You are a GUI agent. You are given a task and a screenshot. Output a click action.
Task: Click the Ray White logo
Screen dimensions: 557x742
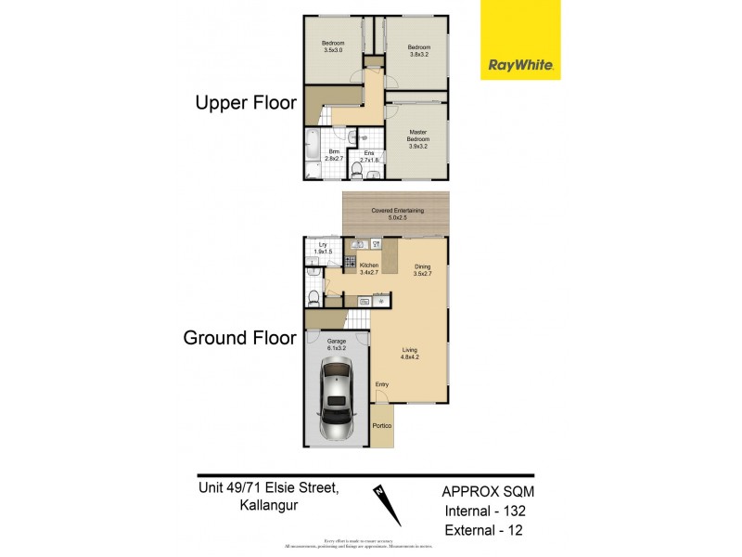520,40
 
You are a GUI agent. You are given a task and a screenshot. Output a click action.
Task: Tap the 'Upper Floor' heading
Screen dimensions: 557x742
245,103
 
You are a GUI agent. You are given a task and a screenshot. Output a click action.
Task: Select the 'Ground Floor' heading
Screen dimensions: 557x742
239,337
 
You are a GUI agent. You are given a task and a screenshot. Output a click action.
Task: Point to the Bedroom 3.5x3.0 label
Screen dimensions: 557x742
332,47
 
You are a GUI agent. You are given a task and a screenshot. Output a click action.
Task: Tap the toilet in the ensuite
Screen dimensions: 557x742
369,171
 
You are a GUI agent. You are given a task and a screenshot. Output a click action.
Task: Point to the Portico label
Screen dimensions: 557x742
381,425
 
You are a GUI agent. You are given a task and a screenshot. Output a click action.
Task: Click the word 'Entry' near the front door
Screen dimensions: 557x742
382,384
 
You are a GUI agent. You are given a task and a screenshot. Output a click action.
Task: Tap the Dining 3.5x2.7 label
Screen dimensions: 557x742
421,268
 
